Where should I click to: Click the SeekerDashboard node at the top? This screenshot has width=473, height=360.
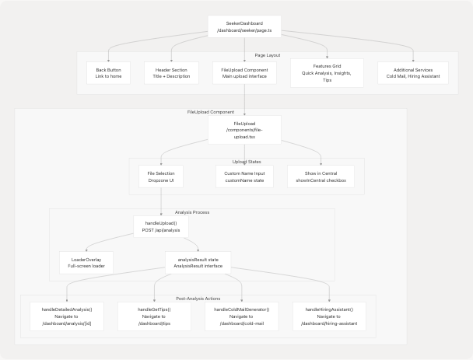pos(244,27)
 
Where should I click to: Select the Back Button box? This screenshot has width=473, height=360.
pos(108,73)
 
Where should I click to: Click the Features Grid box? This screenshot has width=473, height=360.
pos(328,73)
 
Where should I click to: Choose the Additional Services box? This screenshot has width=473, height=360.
pos(412,73)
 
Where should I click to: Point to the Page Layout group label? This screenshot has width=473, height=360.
pos(268,55)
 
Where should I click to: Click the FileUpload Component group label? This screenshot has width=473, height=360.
pos(211,112)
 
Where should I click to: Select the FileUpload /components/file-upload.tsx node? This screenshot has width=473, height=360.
pos(244,130)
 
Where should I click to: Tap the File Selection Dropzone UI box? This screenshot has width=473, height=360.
pos(160,177)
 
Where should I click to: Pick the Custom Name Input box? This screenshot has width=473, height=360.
pos(244,177)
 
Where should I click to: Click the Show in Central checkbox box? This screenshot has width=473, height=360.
pos(321,177)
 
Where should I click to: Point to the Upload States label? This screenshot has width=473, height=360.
pos(247,162)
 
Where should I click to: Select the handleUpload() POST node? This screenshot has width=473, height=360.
pos(160,225)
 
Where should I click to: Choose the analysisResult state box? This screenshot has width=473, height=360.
pos(198,262)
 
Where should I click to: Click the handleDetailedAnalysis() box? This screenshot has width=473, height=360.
pos(67,316)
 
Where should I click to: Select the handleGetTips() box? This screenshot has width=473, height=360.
pos(154,316)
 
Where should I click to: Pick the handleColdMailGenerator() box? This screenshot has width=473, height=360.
pos(242,316)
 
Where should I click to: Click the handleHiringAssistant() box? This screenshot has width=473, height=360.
pos(330,316)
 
